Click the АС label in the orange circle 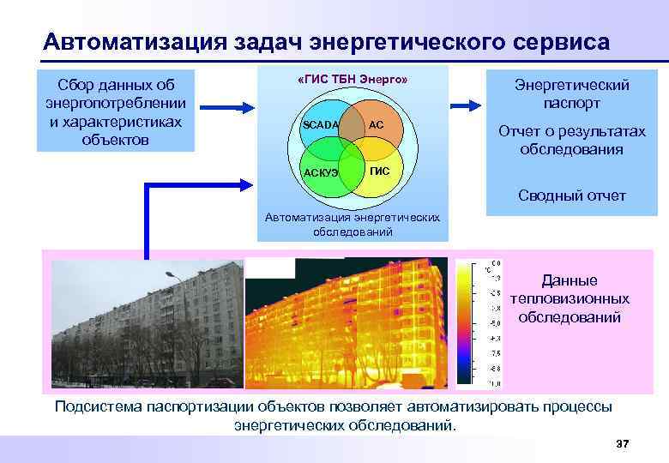[376, 125]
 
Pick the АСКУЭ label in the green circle [321, 173]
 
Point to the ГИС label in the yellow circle [379, 171]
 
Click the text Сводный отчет [571, 196]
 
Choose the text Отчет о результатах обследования [571, 140]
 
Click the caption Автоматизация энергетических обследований [353, 225]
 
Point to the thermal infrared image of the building [347, 321]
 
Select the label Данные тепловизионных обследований [570, 299]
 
